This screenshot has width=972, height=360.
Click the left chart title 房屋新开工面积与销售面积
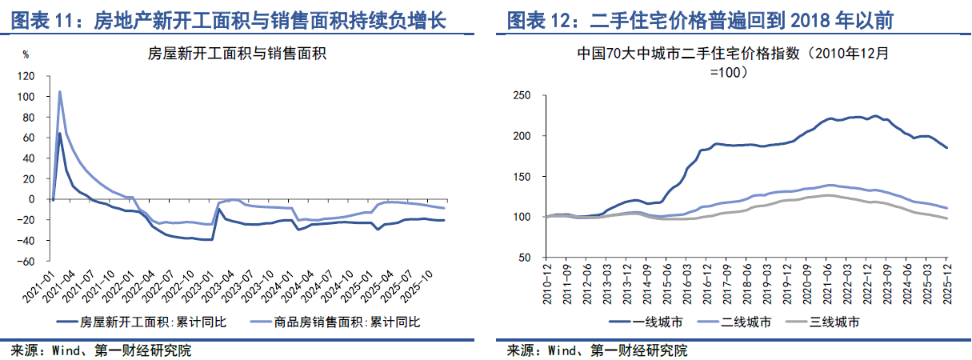(238, 54)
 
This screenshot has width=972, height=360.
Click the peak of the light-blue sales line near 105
(59, 91)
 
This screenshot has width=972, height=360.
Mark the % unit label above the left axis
(26, 55)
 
